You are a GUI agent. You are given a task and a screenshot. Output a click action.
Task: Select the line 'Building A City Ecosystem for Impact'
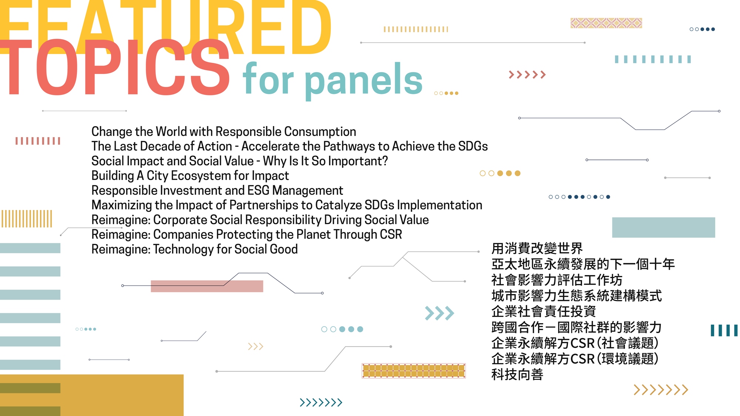pyautogui.click(x=190, y=176)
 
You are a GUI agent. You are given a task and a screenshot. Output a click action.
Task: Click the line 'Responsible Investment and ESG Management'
pyautogui.click(x=217, y=190)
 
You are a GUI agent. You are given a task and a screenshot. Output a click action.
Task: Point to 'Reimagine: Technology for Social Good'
pyautogui.click(x=195, y=249)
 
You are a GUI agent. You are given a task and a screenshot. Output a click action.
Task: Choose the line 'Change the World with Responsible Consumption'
pyautogui.click(x=223, y=132)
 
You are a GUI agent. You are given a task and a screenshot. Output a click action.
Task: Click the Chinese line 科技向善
pyautogui.click(x=517, y=375)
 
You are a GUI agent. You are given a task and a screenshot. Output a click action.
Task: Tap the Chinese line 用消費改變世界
pyautogui.click(x=537, y=248)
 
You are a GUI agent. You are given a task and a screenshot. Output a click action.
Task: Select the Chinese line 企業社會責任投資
pyautogui.click(x=544, y=311)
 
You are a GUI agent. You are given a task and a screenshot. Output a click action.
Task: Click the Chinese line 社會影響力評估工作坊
pyautogui.click(x=557, y=280)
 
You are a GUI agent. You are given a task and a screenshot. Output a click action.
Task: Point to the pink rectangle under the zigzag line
pyautogui.click(x=207, y=286)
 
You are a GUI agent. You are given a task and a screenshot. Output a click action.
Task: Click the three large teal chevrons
pyautogui.click(x=440, y=313)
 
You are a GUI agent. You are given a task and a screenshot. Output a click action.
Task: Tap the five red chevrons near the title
pyautogui.click(x=527, y=75)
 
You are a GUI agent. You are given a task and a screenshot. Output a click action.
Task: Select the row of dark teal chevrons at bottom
pyautogui.click(x=321, y=402)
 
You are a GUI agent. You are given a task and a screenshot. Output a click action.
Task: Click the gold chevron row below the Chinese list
pyautogui.click(x=661, y=390)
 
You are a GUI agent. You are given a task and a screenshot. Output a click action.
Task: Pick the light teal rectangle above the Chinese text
pyautogui.click(x=663, y=227)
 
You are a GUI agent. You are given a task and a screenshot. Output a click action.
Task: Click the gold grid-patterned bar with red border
pyautogui.click(x=414, y=371)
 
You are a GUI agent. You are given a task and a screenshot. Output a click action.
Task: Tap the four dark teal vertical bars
pyautogui.click(x=724, y=330)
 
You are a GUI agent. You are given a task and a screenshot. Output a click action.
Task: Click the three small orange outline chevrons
pyautogui.click(x=256, y=346)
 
